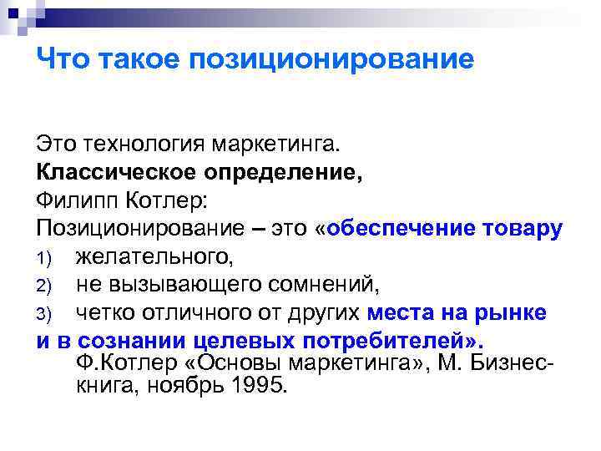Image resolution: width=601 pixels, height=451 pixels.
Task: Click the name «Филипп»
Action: pyautogui.click(x=75, y=201)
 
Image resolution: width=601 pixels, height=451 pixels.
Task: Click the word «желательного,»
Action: pyautogui.click(x=153, y=258)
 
